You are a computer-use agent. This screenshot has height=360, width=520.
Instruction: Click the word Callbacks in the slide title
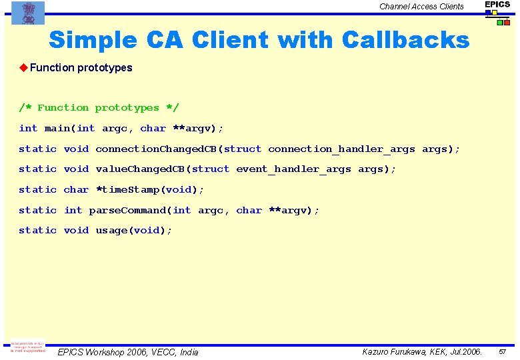[x=405, y=40]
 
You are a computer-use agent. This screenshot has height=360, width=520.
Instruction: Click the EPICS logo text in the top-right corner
[x=497, y=5]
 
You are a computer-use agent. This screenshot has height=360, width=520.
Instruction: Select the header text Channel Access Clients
[x=421, y=7]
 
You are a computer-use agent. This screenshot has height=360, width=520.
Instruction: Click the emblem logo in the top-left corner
[x=28, y=13]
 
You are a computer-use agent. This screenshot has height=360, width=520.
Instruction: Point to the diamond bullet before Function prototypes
[x=23, y=67]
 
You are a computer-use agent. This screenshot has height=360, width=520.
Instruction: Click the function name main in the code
[x=57, y=128]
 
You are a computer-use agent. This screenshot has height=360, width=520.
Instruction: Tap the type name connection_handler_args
[x=341, y=149]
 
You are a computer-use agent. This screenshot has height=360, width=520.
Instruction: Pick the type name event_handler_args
[x=293, y=169]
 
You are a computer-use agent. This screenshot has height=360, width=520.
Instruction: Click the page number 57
[x=503, y=351]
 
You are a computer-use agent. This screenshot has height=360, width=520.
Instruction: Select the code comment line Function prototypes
[x=99, y=108]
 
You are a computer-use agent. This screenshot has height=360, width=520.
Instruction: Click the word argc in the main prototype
[x=115, y=128]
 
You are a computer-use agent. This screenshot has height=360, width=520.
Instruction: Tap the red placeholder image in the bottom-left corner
[x=27, y=348]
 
